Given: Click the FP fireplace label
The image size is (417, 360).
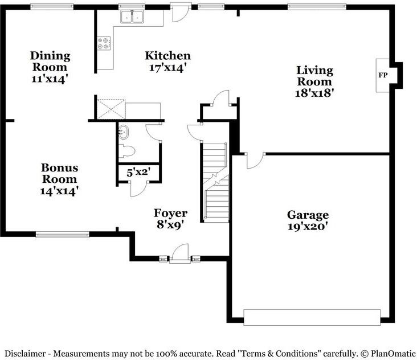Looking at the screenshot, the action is [x=383, y=75].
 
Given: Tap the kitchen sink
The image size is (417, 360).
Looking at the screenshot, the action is [x=132, y=17].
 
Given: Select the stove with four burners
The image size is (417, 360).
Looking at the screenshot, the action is [x=104, y=43].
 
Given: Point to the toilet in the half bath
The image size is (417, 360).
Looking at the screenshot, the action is [x=126, y=152].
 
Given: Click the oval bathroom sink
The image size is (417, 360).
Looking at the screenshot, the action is [x=124, y=132].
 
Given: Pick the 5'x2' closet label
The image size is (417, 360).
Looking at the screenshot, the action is [x=138, y=173].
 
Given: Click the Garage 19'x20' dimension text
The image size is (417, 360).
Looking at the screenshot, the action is [x=307, y=227].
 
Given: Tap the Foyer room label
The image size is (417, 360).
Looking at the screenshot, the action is [x=170, y=213].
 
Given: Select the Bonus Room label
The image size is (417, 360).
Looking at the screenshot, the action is [x=60, y=173].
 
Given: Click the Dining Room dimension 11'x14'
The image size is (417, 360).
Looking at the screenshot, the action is [x=48, y=79].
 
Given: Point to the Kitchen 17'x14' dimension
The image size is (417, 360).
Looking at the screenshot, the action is [x=167, y=68].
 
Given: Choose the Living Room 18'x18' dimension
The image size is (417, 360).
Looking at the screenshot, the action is [x=314, y=93].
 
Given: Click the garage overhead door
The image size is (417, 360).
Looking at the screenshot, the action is [x=312, y=317].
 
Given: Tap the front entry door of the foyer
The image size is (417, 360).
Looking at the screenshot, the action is [x=180, y=253].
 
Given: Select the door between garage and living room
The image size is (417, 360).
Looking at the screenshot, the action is [x=255, y=160].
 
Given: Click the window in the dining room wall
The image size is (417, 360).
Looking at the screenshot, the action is [x=52, y=7].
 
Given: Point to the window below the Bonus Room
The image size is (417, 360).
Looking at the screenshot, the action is [x=63, y=235].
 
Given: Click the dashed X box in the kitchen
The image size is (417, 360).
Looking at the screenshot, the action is [x=111, y=109].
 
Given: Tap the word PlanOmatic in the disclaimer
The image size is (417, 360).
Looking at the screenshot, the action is [x=393, y=354].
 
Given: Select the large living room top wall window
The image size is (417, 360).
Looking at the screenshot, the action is [x=317, y=7].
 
